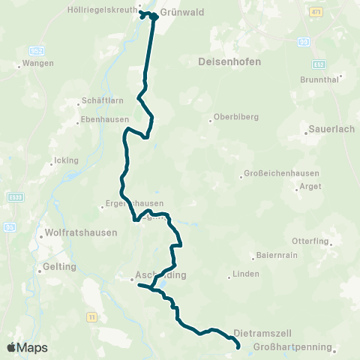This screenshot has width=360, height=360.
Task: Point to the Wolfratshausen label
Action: click(x=81, y=232)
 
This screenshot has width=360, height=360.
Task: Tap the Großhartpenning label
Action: click(x=292, y=347)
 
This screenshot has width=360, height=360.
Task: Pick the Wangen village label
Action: click(x=37, y=63)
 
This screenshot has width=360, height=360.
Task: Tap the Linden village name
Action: click(x=245, y=274)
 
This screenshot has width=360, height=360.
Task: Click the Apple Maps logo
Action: click(x=27, y=348)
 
